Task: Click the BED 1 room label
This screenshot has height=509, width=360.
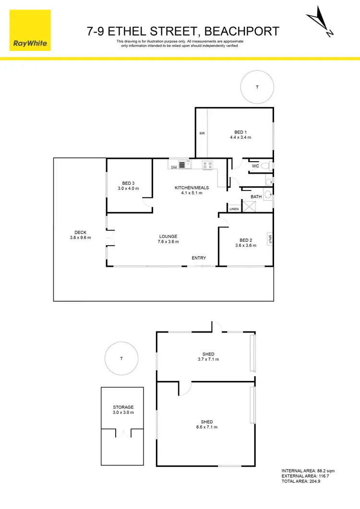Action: click(x=240, y=132)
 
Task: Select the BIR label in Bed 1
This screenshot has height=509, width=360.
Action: click(x=202, y=133)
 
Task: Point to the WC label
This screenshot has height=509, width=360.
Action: click(x=255, y=166)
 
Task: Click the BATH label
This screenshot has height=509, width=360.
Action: click(x=256, y=197)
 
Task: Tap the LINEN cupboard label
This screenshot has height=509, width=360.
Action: click(x=234, y=209)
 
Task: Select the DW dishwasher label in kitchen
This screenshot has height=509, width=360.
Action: click(x=174, y=167)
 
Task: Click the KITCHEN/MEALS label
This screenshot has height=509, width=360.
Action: click(x=188, y=188)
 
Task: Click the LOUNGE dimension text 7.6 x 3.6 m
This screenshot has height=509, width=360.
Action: click(x=168, y=242)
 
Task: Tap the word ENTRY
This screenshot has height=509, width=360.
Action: click(x=199, y=258)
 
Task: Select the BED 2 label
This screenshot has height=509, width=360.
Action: click(x=245, y=240)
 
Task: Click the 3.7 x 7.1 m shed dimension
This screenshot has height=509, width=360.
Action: click(x=208, y=359)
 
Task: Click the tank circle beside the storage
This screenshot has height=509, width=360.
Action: click(x=121, y=358)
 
